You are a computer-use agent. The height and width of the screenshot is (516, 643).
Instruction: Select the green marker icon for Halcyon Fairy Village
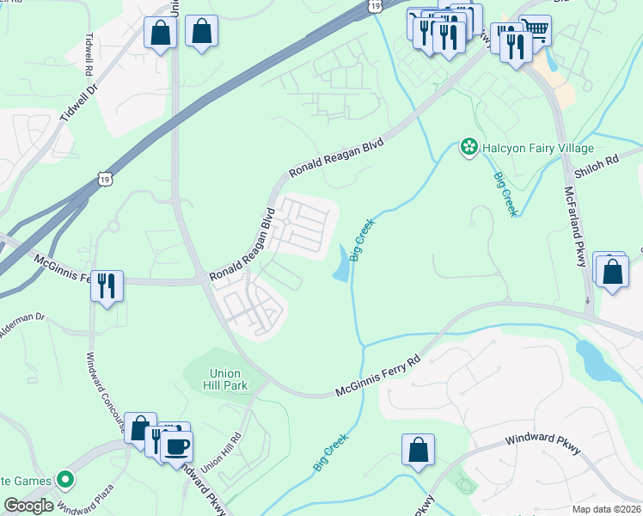(x=469, y=148)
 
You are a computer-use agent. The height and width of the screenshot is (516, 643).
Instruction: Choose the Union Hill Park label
(x=228, y=379)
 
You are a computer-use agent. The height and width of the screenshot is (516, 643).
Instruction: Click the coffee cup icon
(x=178, y=446)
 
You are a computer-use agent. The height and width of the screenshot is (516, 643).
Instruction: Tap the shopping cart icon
(x=536, y=31)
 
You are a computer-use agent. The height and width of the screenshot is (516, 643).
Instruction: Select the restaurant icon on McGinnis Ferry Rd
(x=107, y=285)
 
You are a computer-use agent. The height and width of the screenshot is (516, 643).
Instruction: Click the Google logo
(x=29, y=506)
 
